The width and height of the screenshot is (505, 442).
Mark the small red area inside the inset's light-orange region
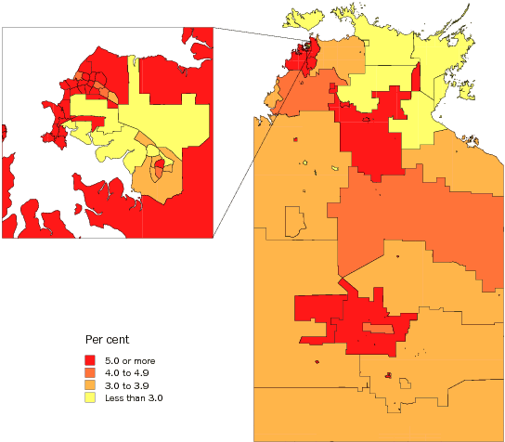(x=159, y=167)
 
